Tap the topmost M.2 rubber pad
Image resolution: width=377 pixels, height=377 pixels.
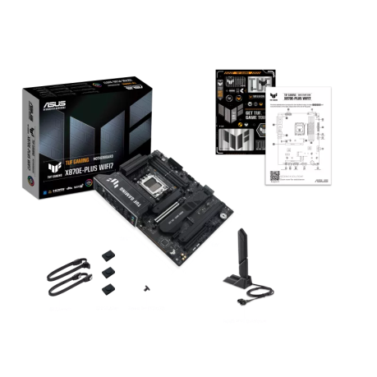click(x=108, y=258)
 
